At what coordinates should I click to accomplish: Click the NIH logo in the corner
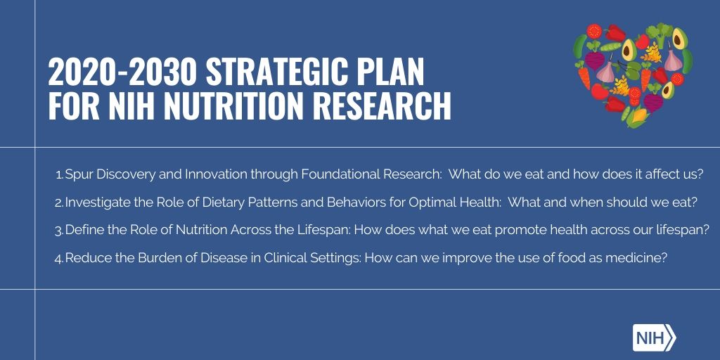point(653,337)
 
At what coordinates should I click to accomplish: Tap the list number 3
point(59,230)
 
